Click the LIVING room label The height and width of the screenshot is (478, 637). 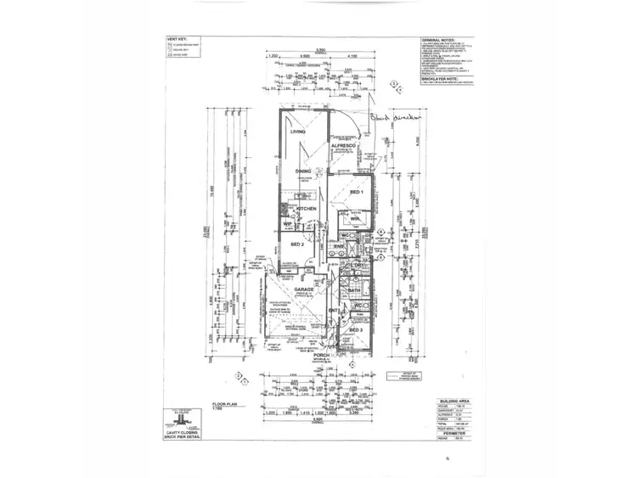point(298,132)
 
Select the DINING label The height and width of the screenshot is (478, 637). point(304,172)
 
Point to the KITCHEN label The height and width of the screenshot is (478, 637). point(306,208)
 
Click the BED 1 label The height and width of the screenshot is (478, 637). point(357,193)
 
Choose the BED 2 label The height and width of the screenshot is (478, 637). point(297,245)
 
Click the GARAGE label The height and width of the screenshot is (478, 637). point(304,290)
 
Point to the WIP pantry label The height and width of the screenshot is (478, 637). point(287,224)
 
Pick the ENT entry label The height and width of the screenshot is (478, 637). point(334,312)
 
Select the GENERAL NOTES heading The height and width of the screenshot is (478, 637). point(443,40)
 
